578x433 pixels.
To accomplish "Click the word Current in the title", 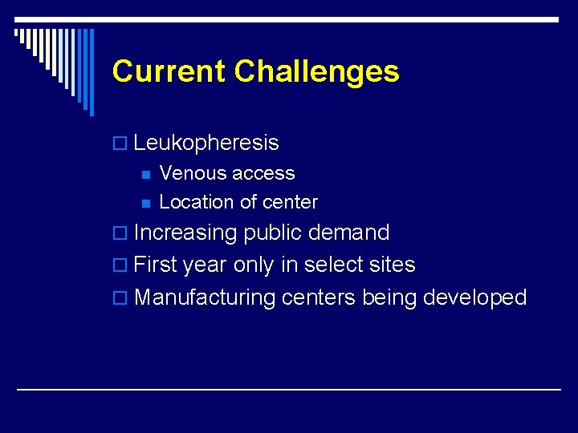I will point(169,71).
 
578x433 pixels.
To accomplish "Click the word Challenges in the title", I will point(316,71).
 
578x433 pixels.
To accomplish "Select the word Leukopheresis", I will point(206,144).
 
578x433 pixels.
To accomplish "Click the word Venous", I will point(193,173).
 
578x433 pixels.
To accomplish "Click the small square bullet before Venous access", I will point(144,174).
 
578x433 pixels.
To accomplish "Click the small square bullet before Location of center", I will point(144,203).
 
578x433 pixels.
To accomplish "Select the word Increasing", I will point(185,233).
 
